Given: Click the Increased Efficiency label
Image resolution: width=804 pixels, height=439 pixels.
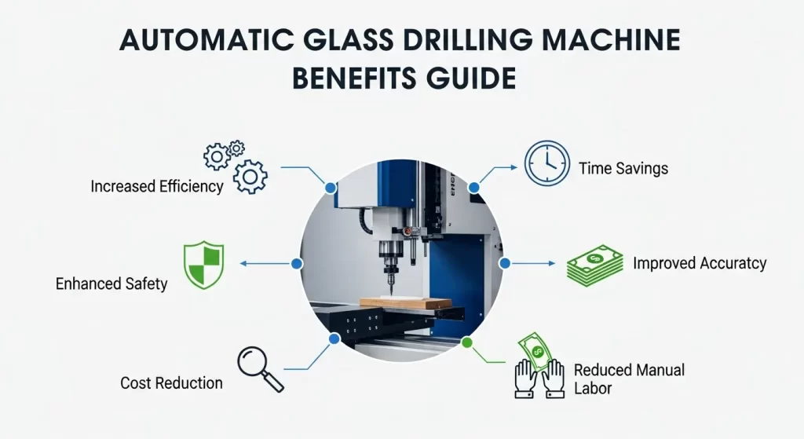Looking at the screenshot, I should coord(157,187).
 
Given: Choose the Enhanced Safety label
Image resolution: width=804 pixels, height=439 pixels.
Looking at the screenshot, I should coord(111,284).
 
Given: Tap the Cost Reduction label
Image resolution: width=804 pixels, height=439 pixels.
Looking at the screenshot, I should coord(171,383).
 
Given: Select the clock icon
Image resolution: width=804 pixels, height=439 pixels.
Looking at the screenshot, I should coord(546,163).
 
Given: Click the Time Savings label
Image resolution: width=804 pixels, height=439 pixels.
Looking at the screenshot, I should coord(623,168).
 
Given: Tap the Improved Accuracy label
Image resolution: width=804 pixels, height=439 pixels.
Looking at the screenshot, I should coord(700,264).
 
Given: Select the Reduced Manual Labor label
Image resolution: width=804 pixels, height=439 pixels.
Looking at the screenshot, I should coord(629,378).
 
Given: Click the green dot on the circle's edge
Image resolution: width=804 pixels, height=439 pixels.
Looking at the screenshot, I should coord(467,342).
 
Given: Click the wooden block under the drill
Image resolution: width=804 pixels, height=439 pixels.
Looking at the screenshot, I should coord(405,304).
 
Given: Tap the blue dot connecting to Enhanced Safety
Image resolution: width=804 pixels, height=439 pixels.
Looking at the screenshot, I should coord(297,264).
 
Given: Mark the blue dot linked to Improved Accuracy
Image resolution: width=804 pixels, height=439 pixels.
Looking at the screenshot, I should coord(504,264).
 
